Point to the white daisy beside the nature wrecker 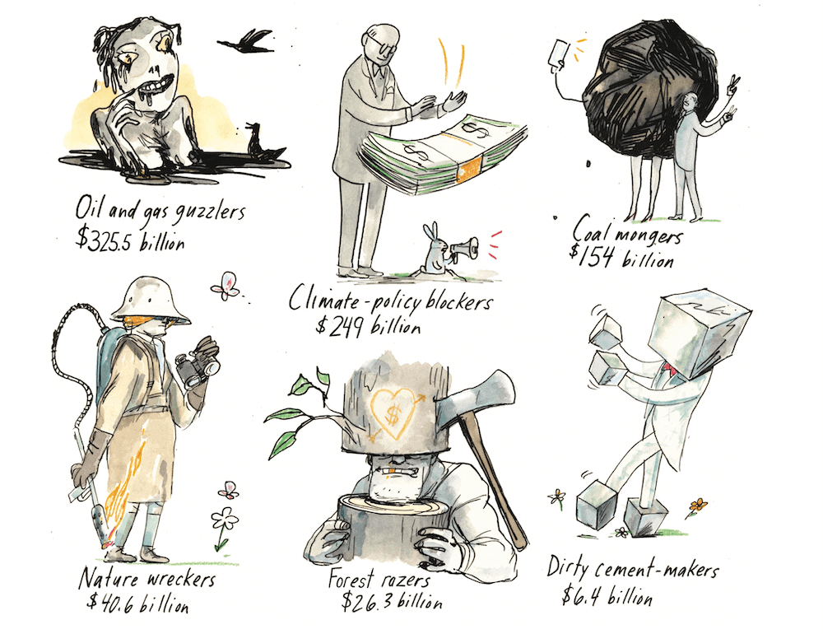224,520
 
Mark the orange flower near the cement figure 697,504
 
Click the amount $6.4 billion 607,594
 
